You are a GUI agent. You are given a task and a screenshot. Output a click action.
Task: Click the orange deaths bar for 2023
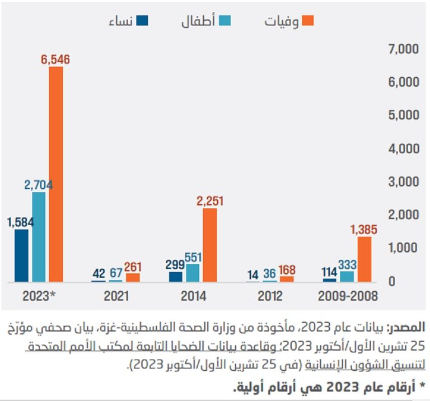(56, 174)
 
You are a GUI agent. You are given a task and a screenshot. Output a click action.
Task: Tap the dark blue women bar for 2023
(21, 255)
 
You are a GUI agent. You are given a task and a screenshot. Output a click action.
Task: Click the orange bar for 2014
(209, 244)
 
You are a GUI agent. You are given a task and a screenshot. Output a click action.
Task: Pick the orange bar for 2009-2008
(364, 258)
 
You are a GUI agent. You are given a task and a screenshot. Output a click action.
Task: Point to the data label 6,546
(55, 59)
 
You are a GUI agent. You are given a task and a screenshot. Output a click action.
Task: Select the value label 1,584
(21, 222)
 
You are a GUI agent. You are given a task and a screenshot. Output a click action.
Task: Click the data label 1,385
(363, 229)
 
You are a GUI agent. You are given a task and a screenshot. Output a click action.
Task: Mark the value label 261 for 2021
(133, 267)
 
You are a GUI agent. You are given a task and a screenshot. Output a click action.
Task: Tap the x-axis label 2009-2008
(348, 296)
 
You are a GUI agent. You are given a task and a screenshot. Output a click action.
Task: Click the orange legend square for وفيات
(307, 21)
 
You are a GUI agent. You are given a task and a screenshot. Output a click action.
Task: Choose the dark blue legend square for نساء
(144, 21)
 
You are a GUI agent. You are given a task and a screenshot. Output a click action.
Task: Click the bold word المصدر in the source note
(407, 327)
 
